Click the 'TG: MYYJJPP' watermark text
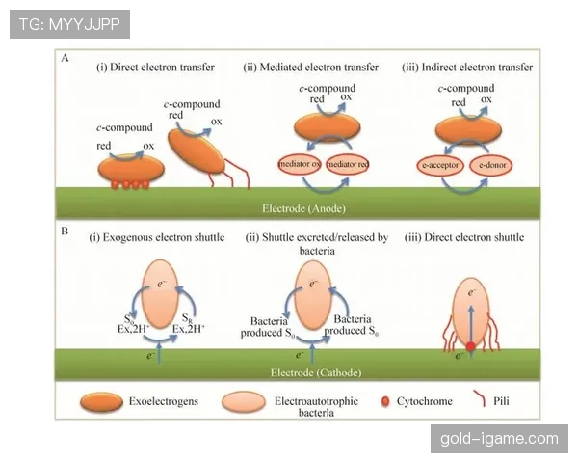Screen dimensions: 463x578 pyautogui.click(x=68, y=24)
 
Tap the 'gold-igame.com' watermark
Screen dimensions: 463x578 pyautogui.click(x=498, y=439)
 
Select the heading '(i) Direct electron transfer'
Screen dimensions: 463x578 pyautogui.click(x=154, y=68)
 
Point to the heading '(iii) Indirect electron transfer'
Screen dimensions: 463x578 pyautogui.click(x=467, y=68)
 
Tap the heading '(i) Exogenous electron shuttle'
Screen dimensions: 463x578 pyautogui.click(x=156, y=237)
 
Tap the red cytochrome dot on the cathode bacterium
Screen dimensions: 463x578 pyautogui.click(x=472, y=345)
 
